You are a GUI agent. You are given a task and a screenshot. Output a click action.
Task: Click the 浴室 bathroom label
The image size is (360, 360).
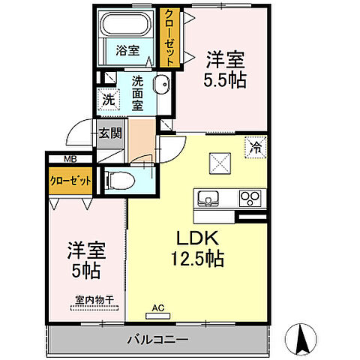pyautogui.click(x=127, y=51)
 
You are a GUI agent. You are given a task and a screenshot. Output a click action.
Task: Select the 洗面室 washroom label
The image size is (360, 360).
pyautogui.click(x=138, y=93)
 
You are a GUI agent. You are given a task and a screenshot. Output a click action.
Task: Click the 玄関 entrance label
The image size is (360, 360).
pyautogui.click(x=109, y=134)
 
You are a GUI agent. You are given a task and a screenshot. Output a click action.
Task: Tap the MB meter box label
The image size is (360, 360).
pyautogui.click(x=70, y=159)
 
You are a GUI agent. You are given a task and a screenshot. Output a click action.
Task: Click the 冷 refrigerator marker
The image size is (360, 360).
pyautogui.click(x=256, y=148)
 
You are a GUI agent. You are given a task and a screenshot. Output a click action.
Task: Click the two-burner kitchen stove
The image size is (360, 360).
pyautogui.click(x=249, y=199)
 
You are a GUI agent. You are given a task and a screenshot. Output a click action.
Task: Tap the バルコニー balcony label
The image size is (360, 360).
pyautogui.click(x=156, y=340)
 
